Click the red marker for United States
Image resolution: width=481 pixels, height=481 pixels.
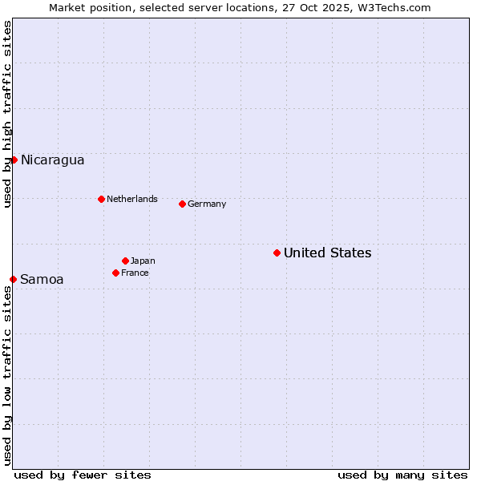tap(277, 253)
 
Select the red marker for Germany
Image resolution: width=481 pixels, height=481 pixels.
tap(182, 204)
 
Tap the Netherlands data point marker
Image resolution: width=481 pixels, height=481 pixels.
tap(101, 199)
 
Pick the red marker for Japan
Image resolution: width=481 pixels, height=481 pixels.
tap(125, 261)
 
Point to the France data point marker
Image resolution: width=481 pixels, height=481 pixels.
tap(115, 273)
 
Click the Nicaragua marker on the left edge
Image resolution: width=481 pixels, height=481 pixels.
tap(14, 160)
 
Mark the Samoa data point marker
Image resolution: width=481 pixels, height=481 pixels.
tap(13, 279)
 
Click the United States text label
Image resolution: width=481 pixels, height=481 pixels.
tap(327, 253)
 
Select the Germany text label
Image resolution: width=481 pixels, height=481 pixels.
tap(207, 204)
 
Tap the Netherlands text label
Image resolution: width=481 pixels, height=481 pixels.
tap(132, 199)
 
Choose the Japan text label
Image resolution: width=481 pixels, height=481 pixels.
tap(143, 261)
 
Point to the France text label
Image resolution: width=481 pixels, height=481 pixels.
tap(135, 273)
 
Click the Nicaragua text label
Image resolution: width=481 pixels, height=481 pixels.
tap(52, 160)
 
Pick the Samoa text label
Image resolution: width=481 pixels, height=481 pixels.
tap(42, 280)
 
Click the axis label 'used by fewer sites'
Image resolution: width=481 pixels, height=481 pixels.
tap(83, 475)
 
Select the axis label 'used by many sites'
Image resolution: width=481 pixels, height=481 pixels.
tap(402, 475)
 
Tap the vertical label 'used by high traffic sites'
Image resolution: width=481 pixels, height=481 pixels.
tap(7, 114)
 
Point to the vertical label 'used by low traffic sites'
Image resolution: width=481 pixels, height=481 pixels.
tap(7, 375)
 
